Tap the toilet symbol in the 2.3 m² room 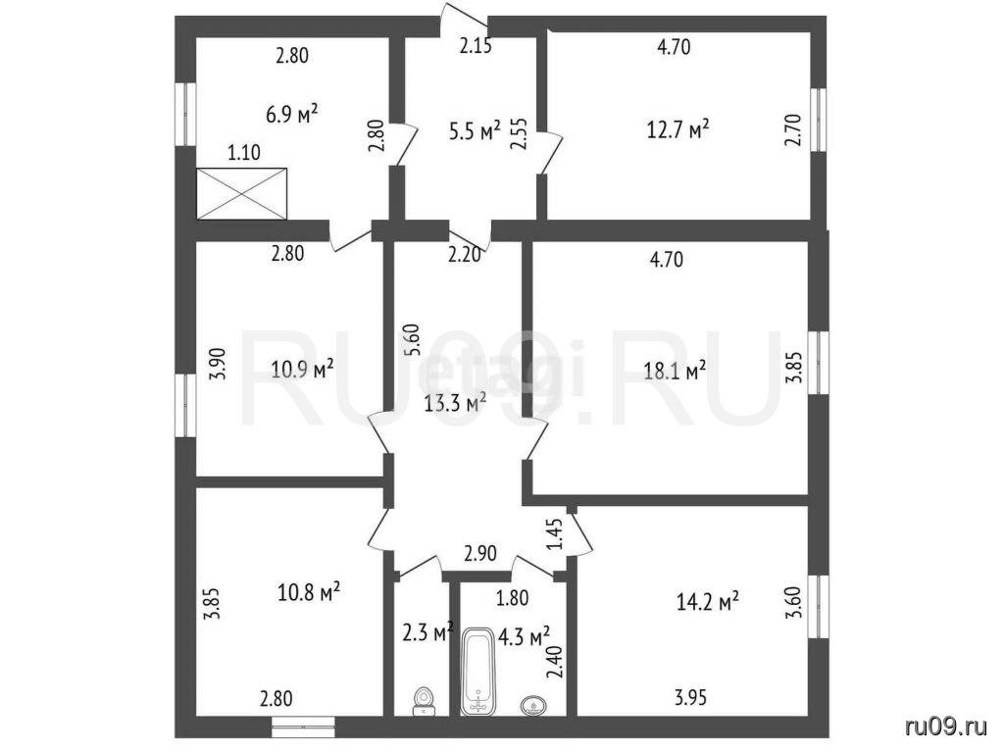click(424, 700)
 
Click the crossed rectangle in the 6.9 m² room click(242, 193)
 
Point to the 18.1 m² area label click(675, 371)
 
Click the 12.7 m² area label click(678, 128)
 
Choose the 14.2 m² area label click(708, 601)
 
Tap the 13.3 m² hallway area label click(455, 403)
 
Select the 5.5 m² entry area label click(475, 131)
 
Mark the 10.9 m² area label click(302, 370)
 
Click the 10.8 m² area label click(309, 591)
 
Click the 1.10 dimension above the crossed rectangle click(244, 152)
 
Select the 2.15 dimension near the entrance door click(477, 46)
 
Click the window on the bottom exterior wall click(303, 723)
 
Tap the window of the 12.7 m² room click(819, 120)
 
